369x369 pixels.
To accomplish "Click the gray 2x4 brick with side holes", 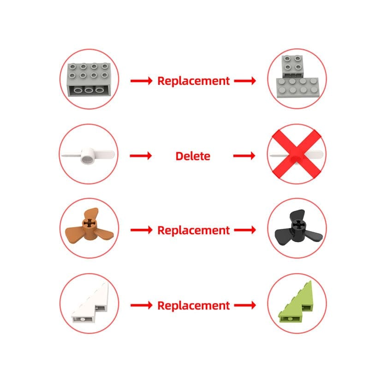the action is coord(89,80).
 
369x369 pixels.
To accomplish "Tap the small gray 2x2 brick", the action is coord(292,66).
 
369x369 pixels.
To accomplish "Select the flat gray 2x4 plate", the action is coord(298,88).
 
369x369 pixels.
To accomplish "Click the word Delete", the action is coord(193,156).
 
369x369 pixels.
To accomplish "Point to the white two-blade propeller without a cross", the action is coord(88,155).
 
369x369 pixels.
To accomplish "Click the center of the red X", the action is coord(297,155).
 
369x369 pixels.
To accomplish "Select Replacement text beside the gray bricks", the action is coord(193,81).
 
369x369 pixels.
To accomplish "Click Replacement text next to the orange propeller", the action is coord(193,230).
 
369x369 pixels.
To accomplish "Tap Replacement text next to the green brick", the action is coord(193,305).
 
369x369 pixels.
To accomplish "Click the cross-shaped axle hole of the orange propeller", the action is coord(89,223).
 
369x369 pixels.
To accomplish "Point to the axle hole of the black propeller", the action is coord(298,225).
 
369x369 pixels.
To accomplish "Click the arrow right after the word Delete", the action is coord(244,155).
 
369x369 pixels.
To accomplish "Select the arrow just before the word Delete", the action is coord(141,155).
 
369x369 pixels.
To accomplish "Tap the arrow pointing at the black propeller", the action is coord(245,230).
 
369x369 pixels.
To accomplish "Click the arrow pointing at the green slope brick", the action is coord(245,305).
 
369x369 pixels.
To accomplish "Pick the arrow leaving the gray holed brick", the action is coord(142,81).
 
